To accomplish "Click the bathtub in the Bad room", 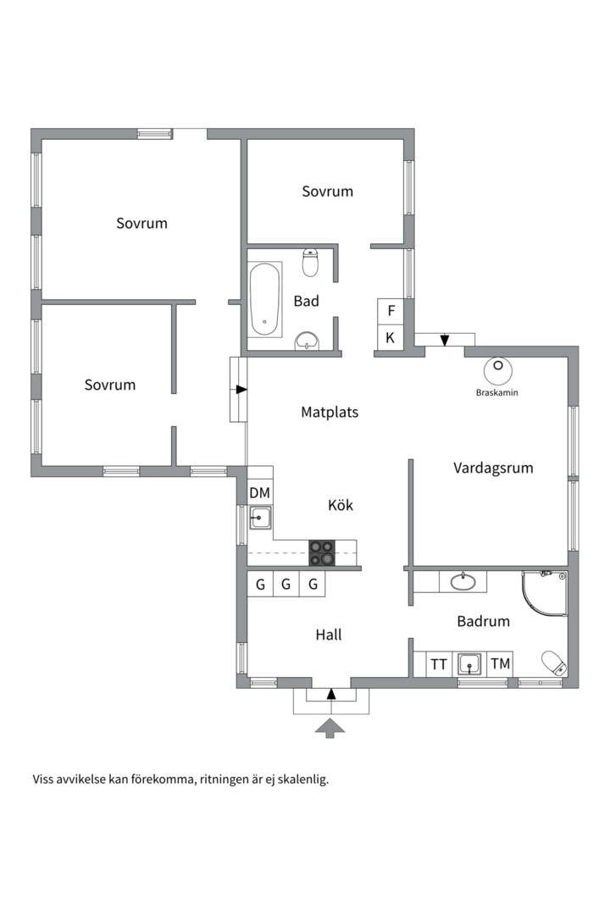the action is point(265,299).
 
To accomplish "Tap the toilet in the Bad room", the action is point(310,263).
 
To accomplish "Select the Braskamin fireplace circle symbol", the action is point(498,370).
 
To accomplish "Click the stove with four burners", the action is point(322,552).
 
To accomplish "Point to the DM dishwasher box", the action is point(260,492).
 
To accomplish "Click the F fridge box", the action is point(391,311).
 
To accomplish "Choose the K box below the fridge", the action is point(391,337).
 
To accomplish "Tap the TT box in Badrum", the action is point(438,664).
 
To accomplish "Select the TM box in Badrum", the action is point(500,664).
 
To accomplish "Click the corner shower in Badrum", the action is point(545,593).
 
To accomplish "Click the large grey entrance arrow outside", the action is point(330,729).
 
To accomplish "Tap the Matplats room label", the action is point(330,412).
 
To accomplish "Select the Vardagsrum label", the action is point(493,468).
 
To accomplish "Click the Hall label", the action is point(329,635).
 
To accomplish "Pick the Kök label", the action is point(341,505).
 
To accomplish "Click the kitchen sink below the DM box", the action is point(260,518).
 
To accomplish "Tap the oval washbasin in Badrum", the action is point(463,582).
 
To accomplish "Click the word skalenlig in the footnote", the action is point(303,779).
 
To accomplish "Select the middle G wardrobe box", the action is point(286,584).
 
